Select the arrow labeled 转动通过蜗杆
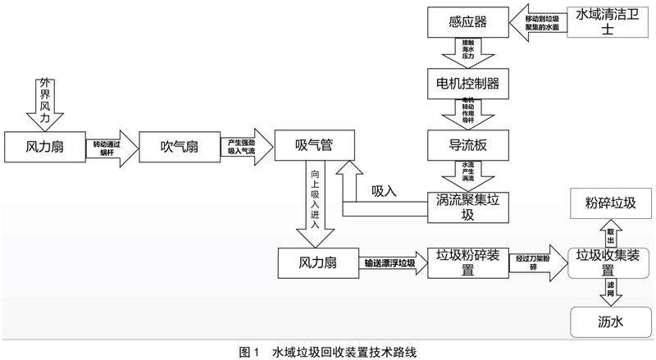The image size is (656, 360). tap(111, 148)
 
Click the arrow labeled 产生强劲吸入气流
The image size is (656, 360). tap(245, 148)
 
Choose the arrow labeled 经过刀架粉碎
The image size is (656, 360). tap(531, 262)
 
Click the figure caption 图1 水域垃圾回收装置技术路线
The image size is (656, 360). tap(328, 351)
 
